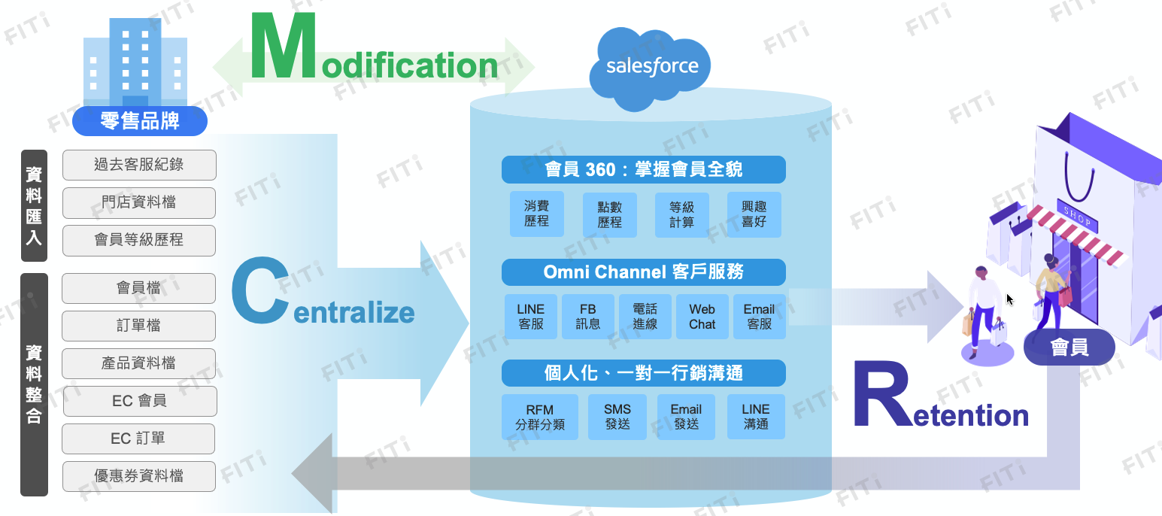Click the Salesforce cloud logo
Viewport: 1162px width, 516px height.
point(652,66)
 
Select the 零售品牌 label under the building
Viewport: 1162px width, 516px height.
point(140,120)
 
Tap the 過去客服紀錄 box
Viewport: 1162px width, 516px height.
point(139,165)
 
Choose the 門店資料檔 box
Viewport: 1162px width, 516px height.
point(139,202)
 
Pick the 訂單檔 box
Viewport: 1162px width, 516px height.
point(139,326)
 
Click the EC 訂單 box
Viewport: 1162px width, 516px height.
point(139,439)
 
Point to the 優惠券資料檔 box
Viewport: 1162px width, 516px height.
point(139,476)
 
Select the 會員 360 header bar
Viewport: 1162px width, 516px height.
point(643,169)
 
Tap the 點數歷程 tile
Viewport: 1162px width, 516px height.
point(610,215)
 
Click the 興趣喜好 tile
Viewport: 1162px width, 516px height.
point(754,215)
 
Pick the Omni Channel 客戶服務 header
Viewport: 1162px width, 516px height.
point(643,272)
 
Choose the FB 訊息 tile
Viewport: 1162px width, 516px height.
point(588,317)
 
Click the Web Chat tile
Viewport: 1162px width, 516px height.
point(702,317)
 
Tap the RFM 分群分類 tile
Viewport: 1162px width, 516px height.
point(540,417)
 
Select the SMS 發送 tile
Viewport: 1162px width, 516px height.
point(617,417)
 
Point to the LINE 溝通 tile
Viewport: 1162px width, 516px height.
point(756,417)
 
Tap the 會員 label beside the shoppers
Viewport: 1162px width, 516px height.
point(1069,348)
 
